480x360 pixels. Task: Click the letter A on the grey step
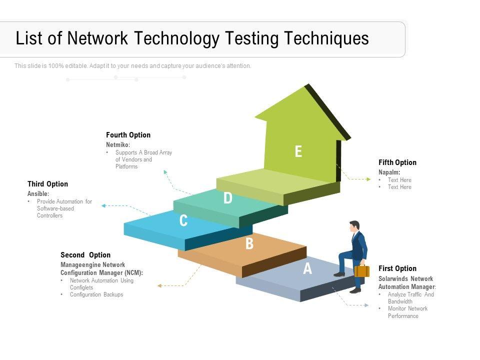tap(307, 269)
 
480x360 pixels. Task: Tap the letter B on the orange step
tap(249, 244)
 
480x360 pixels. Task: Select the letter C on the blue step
tap(183, 220)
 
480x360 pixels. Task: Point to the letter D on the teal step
tap(228, 198)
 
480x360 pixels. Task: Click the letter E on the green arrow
tap(298, 151)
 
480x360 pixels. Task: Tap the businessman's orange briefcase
tap(362, 270)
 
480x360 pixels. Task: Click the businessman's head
tap(354, 225)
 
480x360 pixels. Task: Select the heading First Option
tap(397, 268)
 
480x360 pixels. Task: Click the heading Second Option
tap(85, 255)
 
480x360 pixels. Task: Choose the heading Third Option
tap(47, 184)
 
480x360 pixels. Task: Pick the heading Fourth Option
tap(128, 135)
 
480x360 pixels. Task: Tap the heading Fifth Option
tap(397, 162)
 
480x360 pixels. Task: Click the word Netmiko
tap(117, 145)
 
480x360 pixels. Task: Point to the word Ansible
tap(38, 193)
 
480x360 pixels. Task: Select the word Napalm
tap(389, 172)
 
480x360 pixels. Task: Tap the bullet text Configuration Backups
tap(96, 294)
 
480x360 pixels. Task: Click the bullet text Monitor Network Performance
tap(407, 312)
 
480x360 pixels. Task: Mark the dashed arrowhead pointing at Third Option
tap(103, 205)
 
